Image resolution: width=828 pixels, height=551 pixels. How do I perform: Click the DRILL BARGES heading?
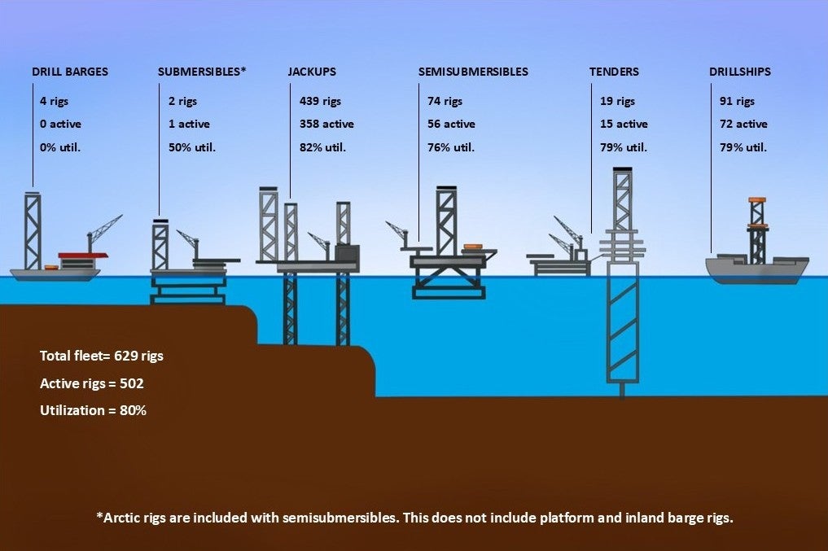pyautogui.click(x=70, y=72)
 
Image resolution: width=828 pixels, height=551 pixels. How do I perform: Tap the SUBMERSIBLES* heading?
pyautogui.click(x=202, y=72)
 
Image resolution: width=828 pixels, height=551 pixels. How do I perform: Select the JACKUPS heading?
pyautogui.click(x=312, y=72)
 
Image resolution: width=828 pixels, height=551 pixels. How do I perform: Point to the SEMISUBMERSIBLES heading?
pyautogui.click(x=473, y=72)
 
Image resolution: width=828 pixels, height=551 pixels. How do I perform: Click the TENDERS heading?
pyautogui.click(x=614, y=72)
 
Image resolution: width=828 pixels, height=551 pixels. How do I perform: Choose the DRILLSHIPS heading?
pyautogui.click(x=739, y=72)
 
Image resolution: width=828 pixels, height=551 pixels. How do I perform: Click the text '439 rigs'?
pyautogui.click(x=320, y=102)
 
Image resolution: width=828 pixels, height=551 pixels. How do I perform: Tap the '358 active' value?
pyautogui.click(x=326, y=125)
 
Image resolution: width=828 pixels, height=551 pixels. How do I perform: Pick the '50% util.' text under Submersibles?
pyautogui.click(x=192, y=147)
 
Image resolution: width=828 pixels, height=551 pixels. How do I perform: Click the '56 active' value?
pyautogui.click(x=451, y=125)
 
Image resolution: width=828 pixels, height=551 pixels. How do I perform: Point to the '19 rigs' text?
pyautogui.click(x=617, y=102)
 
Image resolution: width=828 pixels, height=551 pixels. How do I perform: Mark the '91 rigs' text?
pyautogui.click(x=737, y=102)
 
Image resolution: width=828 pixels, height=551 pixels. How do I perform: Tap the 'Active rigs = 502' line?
pyautogui.click(x=92, y=383)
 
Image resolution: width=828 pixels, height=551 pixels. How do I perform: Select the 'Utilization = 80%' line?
pyautogui.click(x=93, y=411)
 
